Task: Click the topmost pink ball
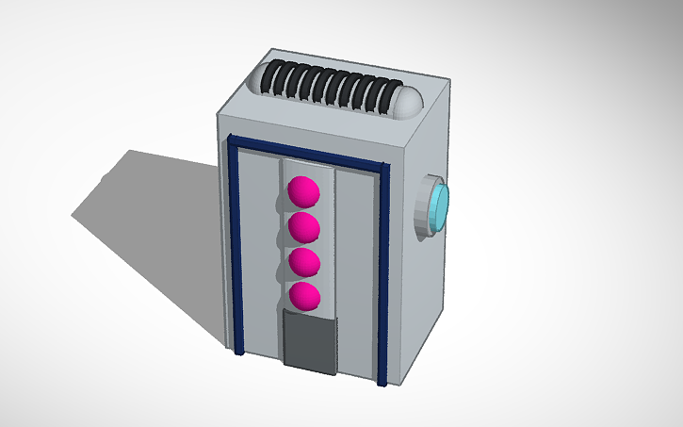[x=303, y=190]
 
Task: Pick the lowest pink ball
[x=303, y=296]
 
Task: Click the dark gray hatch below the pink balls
[x=309, y=341]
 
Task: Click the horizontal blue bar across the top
[x=306, y=153]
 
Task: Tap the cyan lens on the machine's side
[x=441, y=206]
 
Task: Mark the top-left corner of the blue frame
[x=231, y=140]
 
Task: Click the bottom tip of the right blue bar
[x=382, y=385]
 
